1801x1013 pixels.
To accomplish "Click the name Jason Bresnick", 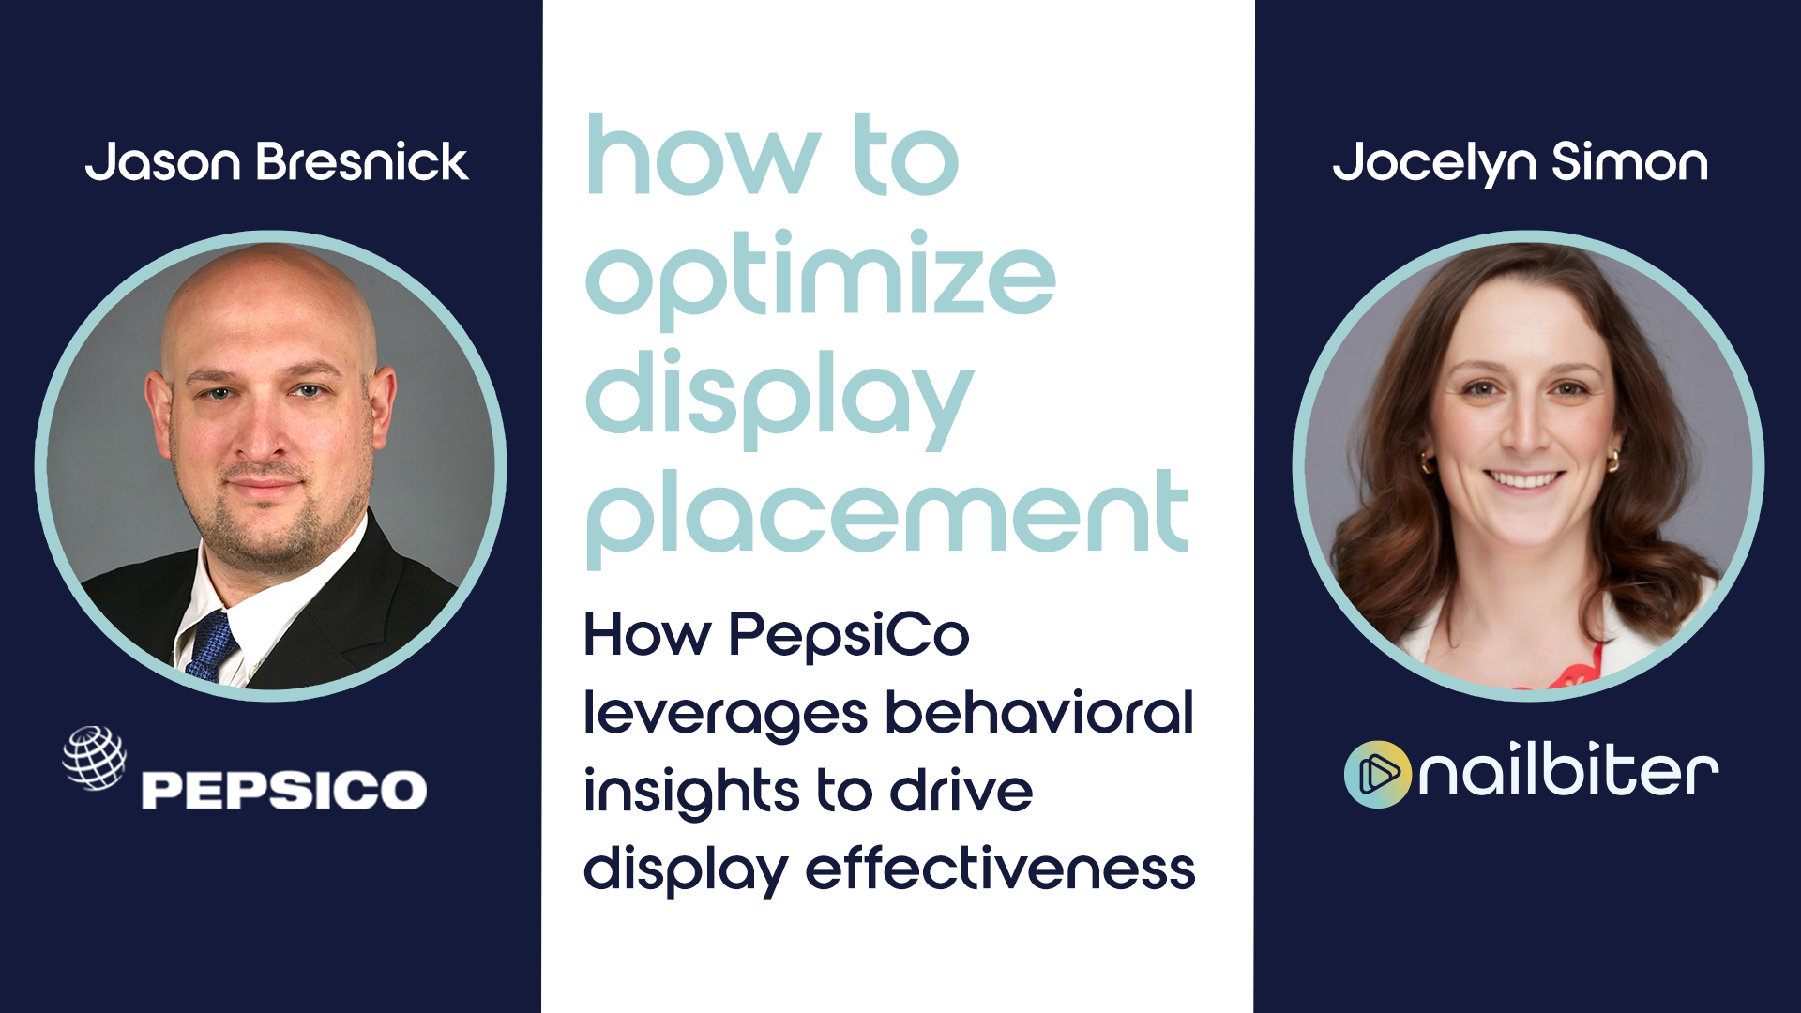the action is (x=277, y=161).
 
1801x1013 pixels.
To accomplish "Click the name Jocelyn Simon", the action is (x=1521, y=163).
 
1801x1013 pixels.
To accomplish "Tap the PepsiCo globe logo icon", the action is (x=94, y=758).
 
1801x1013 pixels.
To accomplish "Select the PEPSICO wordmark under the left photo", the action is (x=284, y=790).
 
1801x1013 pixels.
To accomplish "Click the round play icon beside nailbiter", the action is (x=1377, y=774).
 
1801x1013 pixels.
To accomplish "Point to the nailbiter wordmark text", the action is (x=1568, y=772).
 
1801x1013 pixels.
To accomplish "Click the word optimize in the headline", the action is (x=821, y=279).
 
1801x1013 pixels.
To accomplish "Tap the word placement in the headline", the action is (x=887, y=517).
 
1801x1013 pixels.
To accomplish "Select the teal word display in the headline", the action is (x=779, y=398).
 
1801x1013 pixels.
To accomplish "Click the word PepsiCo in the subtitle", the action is (x=849, y=635).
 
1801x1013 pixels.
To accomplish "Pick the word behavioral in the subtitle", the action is (x=1039, y=712).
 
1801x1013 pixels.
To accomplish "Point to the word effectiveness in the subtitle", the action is (x=1001, y=868).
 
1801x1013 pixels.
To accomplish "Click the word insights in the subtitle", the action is (x=692, y=791).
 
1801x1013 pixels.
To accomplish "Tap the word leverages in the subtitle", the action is (x=725, y=715).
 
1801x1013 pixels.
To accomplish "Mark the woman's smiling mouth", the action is (x=1524, y=479).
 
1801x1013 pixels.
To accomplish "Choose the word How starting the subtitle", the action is (x=647, y=635).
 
